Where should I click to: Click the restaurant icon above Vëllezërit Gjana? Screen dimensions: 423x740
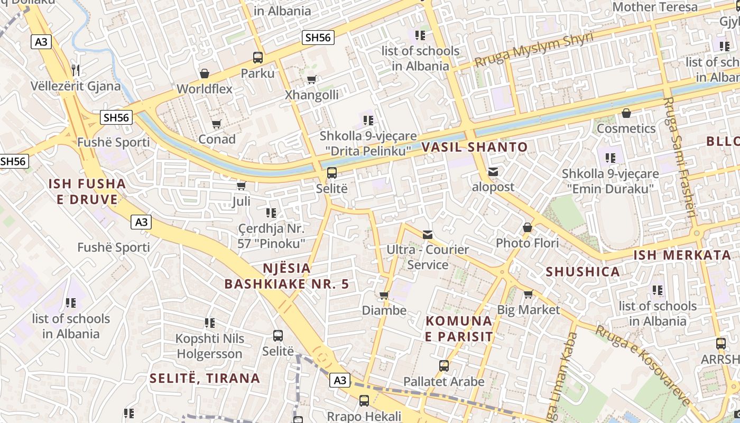75,70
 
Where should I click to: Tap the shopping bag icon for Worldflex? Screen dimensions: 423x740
205,73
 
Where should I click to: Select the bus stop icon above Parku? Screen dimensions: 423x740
258,58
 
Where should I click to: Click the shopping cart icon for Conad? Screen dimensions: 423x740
216,124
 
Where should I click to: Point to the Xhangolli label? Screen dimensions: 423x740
311,95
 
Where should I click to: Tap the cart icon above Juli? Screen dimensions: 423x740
242,186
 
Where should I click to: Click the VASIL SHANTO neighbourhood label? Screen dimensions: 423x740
474,148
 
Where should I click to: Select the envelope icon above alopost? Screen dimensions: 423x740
493,172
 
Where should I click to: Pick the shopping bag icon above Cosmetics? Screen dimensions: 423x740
626,113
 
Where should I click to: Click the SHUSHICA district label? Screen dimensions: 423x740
582,272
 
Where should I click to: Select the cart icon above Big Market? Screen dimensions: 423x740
528,295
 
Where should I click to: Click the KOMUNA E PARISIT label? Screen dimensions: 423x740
459,328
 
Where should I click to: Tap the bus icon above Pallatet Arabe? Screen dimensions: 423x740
444,365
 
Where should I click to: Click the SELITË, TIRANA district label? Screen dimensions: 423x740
205,378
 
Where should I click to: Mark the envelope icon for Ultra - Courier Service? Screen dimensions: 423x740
428,234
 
